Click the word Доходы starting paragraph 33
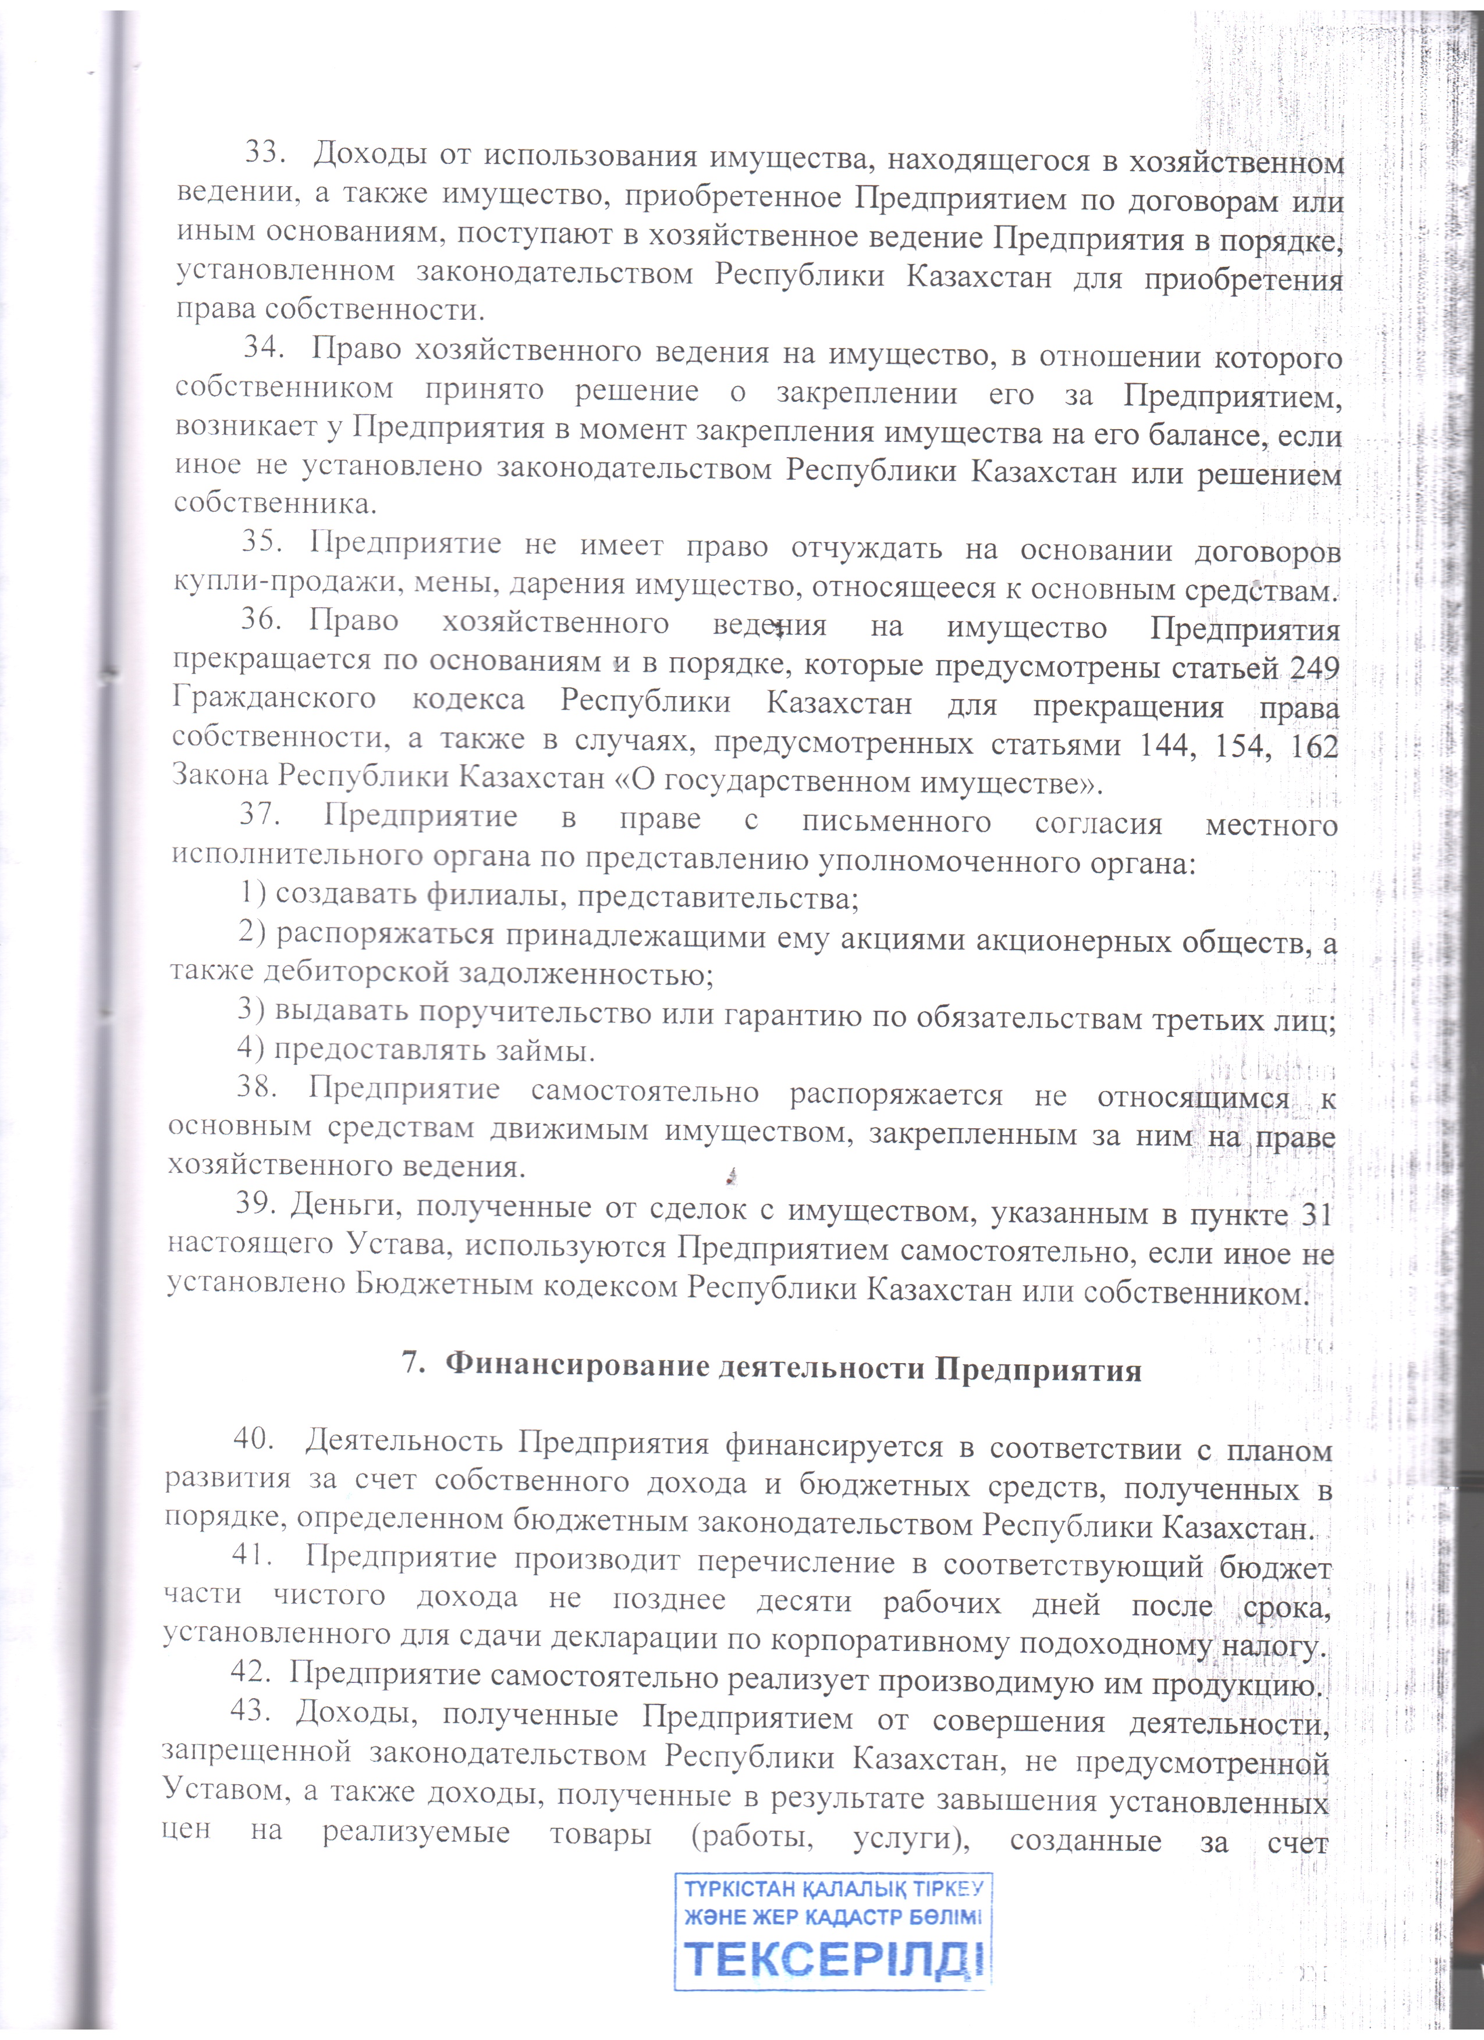(x=369, y=155)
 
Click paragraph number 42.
(x=251, y=1671)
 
